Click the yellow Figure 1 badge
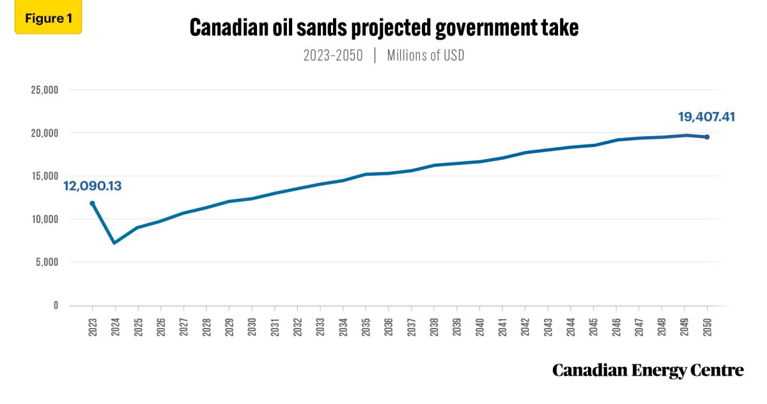tap(48, 19)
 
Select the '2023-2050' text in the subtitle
tap(333, 56)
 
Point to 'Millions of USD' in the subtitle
tap(426, 56)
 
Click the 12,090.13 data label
tap(93, 187)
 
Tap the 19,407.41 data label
tap(707, 117)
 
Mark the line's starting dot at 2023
tap(92, 203)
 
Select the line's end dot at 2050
tap(707, 137)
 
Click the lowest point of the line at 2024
tap(114, 243)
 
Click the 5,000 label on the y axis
tap(47, 262)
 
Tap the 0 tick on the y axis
tap(56, 306)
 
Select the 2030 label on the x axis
tap(252, 326)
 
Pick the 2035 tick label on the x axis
tap(366, 326)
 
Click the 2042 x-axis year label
tap(525, 326)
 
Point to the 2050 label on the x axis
tap(707, 326)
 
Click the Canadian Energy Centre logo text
tap(647, 370)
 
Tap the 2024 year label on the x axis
tap(115, 326)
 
